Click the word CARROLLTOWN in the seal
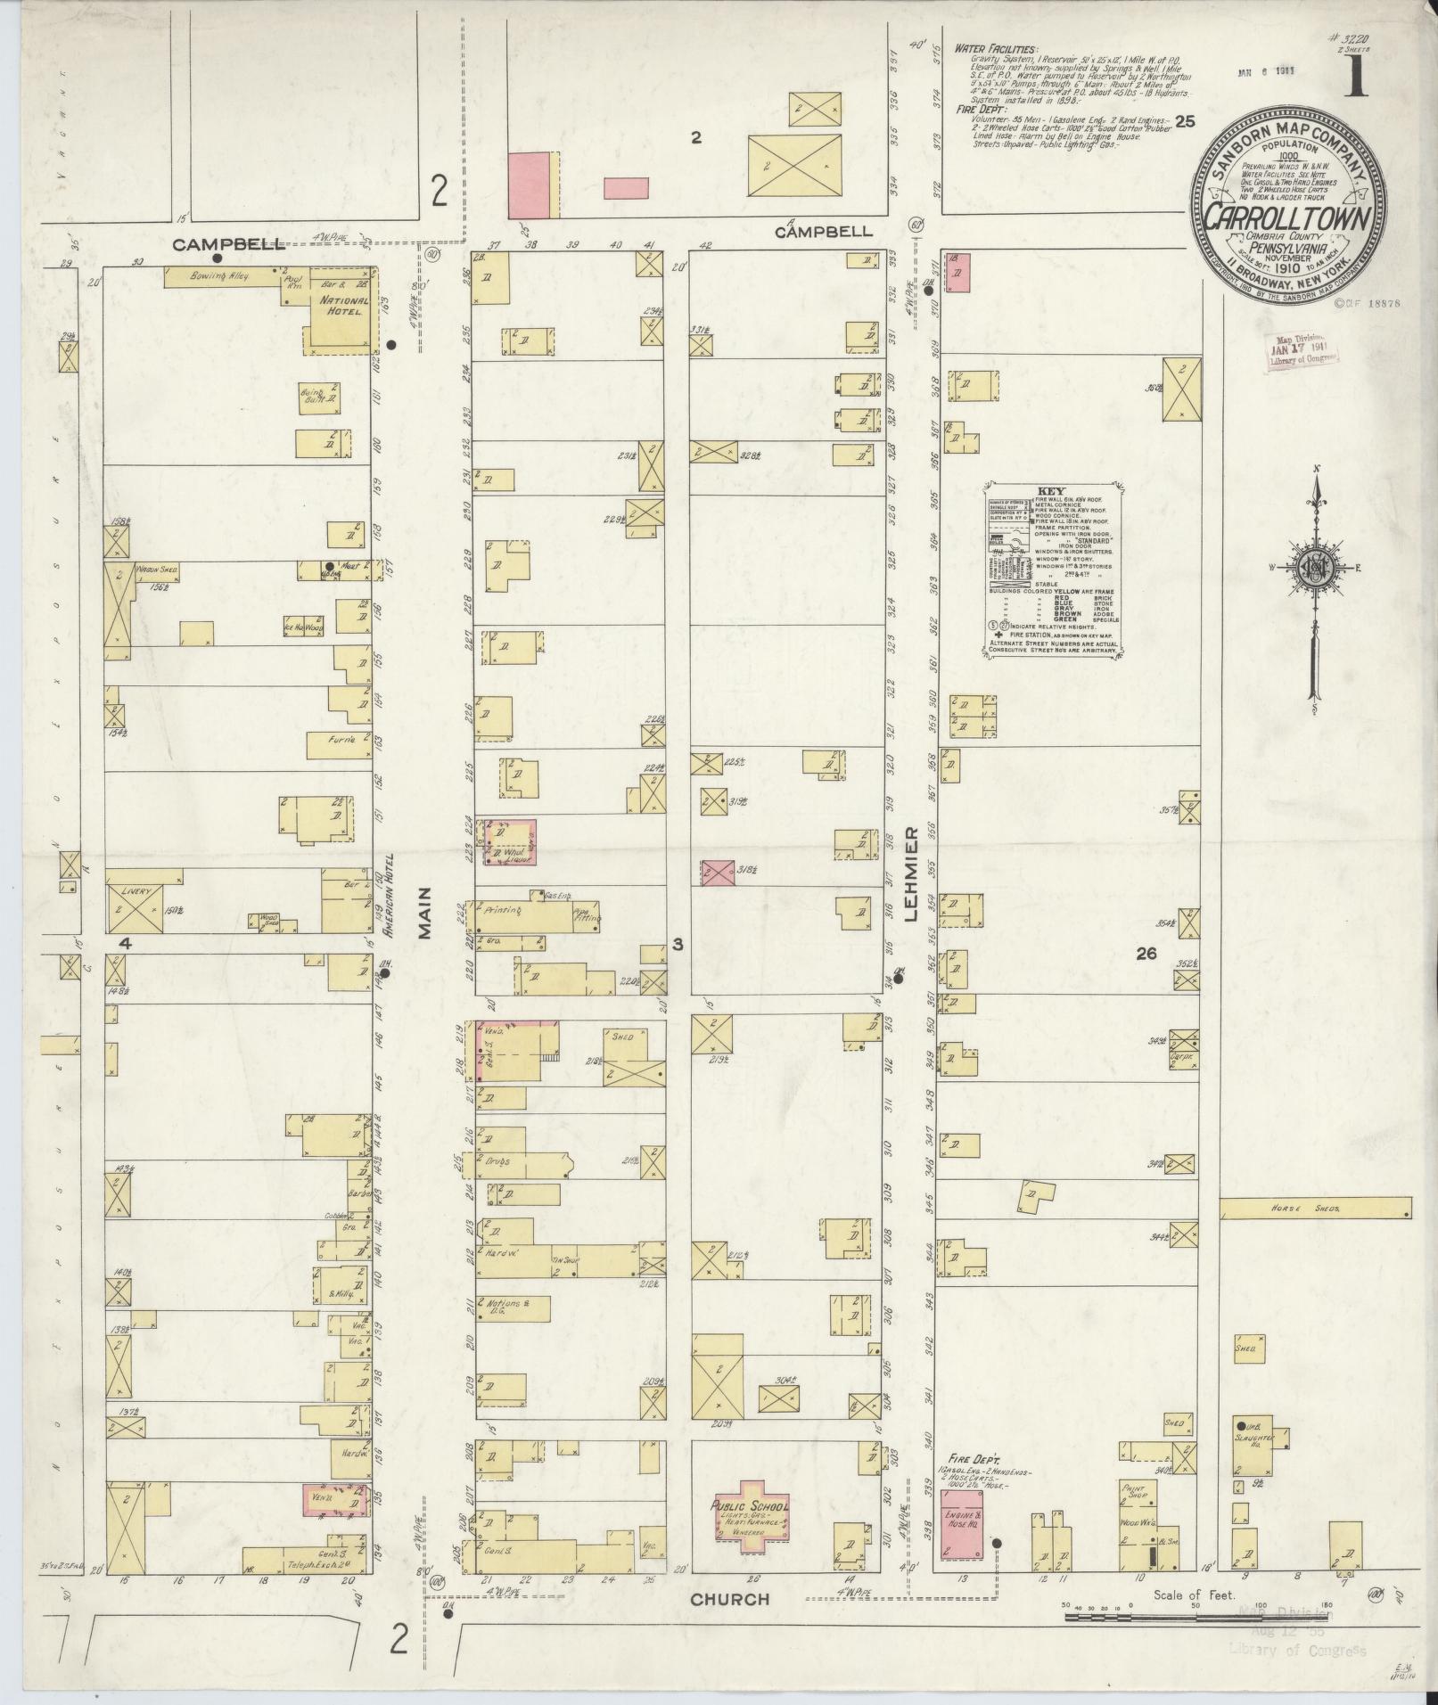click(1287, 218)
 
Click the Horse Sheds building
click(1315, 1208)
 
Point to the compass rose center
click(1314, 570)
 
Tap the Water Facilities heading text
click(994, 50)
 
